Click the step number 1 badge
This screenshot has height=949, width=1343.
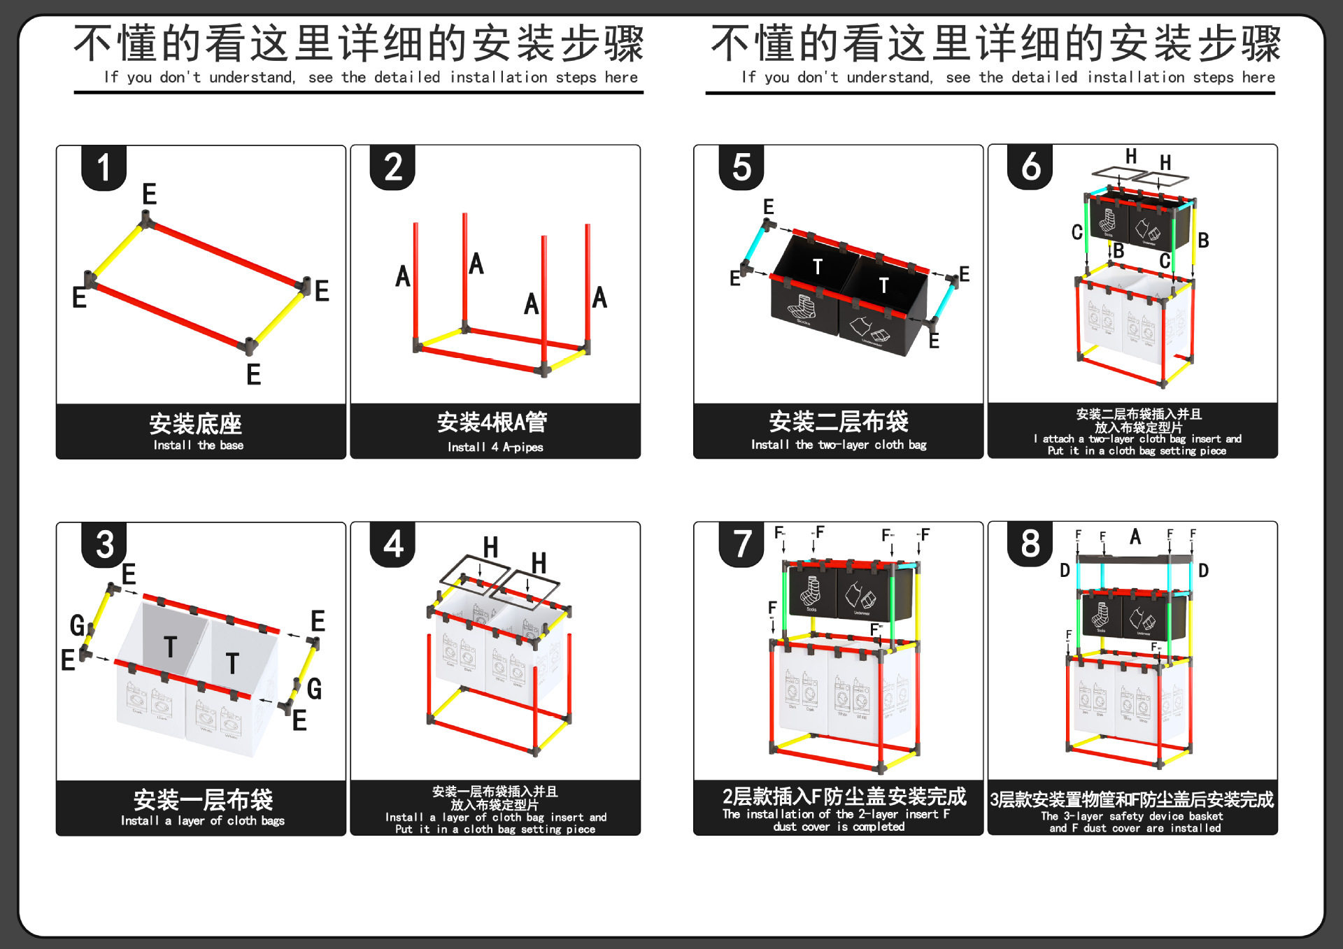point(104,168)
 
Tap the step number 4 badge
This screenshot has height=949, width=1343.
point(393,544)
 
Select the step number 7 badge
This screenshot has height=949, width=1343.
point(742,544)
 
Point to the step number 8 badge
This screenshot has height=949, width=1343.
point(1030,543)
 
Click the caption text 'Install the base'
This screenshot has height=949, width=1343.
point(199,445)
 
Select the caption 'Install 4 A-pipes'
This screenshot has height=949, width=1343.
point(495,448)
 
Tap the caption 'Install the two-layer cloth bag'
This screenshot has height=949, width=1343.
point(839,445)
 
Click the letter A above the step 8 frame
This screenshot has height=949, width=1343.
point(1135,537)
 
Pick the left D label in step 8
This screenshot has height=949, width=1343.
point(1065,571)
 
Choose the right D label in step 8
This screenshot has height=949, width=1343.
point(1203,571)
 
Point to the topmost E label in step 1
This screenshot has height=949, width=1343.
point(149,194)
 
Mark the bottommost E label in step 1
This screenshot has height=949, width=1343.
point(253,375)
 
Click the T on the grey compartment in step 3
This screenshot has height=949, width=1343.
point(170,647)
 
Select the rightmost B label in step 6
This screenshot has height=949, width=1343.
point(1203,241)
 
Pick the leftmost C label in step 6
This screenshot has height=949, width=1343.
point(1077,232)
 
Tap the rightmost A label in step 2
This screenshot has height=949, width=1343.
point(599,298)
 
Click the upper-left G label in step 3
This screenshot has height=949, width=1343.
point(77,625)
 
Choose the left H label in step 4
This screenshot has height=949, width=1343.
point(491,547)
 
